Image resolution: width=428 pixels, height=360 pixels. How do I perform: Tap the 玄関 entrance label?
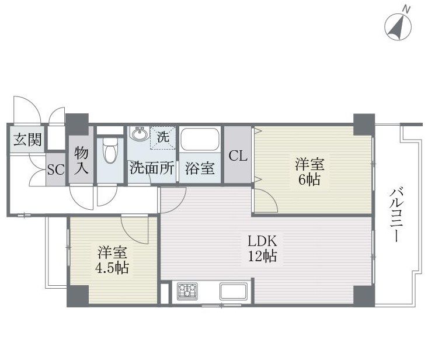pyautogui.click(x=27, y=140)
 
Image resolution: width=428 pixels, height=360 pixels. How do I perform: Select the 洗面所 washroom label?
pyautogui.click(x=151, y=168)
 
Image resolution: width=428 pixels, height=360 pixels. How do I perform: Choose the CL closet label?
pyautogui.click(x=238, y=156)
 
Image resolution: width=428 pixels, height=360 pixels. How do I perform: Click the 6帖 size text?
pyautogui.click(x=309, y=180)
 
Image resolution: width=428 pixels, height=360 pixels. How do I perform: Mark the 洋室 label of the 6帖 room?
pyautogui.click(x=309, y=164)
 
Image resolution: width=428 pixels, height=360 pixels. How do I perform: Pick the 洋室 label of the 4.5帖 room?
pyautogui.click(x=112, y=252)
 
